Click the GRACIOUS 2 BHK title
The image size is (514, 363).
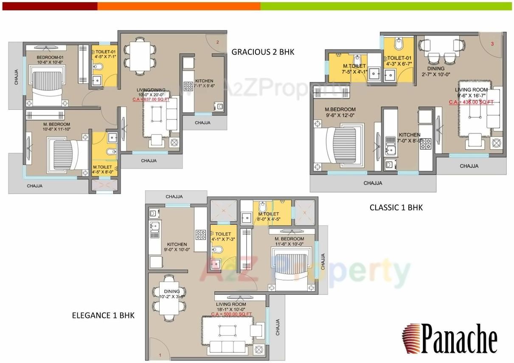coord(263,52)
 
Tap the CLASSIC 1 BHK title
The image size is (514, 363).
coord(396,207)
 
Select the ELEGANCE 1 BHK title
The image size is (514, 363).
coord(103,315)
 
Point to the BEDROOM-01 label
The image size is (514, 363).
coord(50,57)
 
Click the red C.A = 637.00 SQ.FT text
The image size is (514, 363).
coord(151,100)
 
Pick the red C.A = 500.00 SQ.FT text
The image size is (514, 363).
coord(231,314)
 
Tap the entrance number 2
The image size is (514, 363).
coord(217,42)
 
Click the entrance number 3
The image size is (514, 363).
coord(492,44)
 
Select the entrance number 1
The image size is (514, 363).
coord(160,355)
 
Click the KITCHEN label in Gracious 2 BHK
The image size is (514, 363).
coord(204,81)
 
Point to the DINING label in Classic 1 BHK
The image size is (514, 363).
coord(436,68)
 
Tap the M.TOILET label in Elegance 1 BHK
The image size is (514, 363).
coord(268,214)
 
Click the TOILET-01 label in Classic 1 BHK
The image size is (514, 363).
coord(399,58)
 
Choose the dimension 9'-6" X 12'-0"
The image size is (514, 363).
coord(340,115)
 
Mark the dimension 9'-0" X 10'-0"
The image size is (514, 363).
coord(177,250)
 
